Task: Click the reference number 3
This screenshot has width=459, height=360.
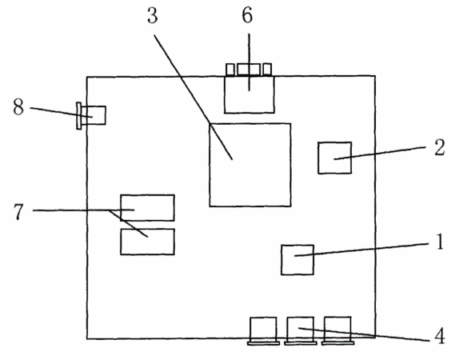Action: (153, 16)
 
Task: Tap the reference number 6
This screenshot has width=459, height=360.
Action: (247, 15)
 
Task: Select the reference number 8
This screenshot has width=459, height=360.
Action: (18, 107)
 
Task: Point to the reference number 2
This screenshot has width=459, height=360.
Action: (439, 147)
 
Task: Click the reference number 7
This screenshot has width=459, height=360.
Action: (18, 211)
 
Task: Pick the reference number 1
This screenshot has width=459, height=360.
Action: (439, 242)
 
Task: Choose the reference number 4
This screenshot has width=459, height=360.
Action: (440, 336)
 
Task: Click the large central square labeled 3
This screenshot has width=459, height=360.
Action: (250, 165)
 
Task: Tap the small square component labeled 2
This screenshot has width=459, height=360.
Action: (335, 158)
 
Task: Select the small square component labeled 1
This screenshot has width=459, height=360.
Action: (297, 260)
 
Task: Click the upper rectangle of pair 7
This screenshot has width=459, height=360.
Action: (147, 208)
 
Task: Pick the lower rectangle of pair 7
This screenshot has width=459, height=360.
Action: (147, 242)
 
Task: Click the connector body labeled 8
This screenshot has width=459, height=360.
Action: (94, 115)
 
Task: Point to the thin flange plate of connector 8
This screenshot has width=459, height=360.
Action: (78, 116)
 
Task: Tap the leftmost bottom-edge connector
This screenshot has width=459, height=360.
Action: (263, 330)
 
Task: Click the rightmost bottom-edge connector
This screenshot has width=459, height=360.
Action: (337, 330)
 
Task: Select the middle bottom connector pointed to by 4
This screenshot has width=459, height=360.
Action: (301, 330)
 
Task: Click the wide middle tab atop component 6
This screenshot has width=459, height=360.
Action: (249, 70)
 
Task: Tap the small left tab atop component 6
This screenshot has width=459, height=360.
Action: (230, 70)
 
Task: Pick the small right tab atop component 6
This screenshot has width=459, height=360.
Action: (267, 69)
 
